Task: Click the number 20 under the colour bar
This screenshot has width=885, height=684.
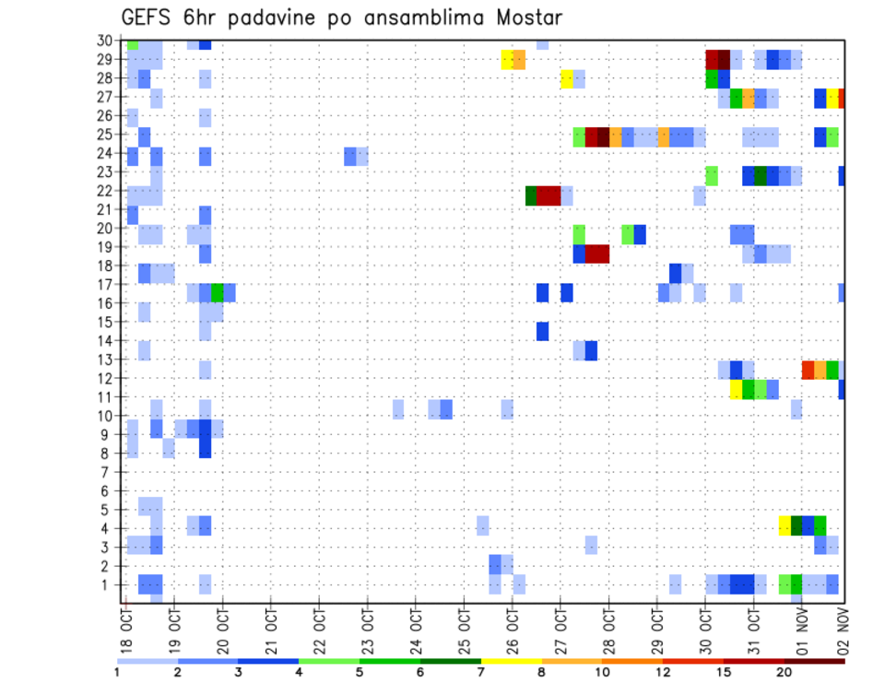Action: (785, 671)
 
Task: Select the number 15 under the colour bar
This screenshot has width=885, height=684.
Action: (724, 671)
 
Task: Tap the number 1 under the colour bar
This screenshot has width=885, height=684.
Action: (117, 671)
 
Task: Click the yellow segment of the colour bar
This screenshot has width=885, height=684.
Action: (511, 660)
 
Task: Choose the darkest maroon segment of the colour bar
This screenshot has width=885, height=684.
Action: (815, 660)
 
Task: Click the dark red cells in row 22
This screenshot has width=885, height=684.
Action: (549, 195)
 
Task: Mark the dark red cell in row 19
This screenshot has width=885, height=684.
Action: (596, 254)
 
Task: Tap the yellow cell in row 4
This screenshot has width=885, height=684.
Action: (785, 525)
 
